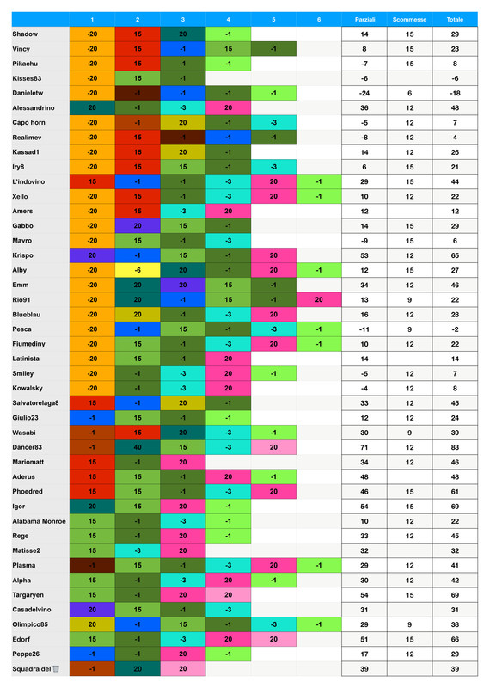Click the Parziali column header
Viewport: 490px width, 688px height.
(364, 19)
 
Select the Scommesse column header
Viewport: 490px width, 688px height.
(409, 19)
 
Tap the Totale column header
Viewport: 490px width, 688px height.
(454, 19)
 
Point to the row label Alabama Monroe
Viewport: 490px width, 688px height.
(40, 521)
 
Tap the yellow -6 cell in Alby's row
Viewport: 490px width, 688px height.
(138, 269)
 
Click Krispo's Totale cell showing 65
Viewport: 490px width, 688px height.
(454, 255)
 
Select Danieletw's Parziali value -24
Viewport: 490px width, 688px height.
(364, 92)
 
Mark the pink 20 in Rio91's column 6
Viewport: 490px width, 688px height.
(318, 299)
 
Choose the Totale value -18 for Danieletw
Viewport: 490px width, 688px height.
(454, 92)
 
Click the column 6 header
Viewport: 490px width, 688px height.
(318, 19)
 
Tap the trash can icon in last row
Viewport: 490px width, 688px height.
(56, 669)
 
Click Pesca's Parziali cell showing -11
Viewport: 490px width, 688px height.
(364, 329)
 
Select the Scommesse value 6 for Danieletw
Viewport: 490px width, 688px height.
(409, 92)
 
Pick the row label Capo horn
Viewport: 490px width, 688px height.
(29, 122)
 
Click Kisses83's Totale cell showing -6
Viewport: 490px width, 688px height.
(454, 77)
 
